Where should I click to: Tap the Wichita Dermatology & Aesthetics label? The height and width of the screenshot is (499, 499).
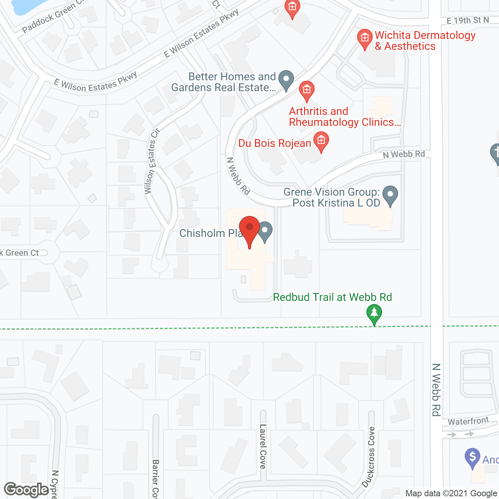[425, 41]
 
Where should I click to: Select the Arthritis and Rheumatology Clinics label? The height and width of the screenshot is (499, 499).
[345, 117]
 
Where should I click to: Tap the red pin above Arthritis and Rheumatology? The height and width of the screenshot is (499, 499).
[307, 91]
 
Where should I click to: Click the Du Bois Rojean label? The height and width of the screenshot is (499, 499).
[274, 143]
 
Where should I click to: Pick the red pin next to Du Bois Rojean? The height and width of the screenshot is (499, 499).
[321, 141]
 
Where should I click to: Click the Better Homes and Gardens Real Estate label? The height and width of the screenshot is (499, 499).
[223, 82]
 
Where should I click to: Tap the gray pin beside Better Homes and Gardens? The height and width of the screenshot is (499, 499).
[286, 80]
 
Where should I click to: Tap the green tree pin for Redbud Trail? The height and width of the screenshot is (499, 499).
[374, 314]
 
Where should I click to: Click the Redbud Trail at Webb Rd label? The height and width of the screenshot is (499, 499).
[332, 297]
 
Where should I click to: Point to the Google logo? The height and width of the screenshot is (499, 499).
[27, 490]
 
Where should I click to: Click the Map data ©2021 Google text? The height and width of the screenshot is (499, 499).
[451, 494]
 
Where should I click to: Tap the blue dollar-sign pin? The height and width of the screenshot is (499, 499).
[472, 457]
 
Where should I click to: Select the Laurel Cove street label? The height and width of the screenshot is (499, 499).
[263, 446]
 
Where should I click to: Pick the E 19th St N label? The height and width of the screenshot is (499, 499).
[467, 20]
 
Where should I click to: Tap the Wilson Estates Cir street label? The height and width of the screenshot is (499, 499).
[152, 161]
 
